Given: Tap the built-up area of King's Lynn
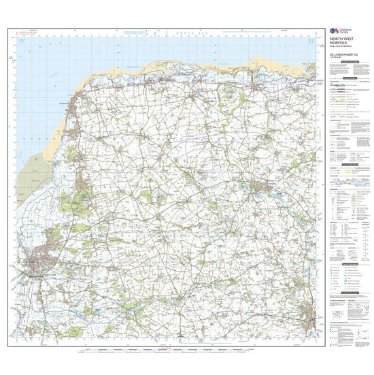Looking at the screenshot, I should [x=38, y=262].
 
